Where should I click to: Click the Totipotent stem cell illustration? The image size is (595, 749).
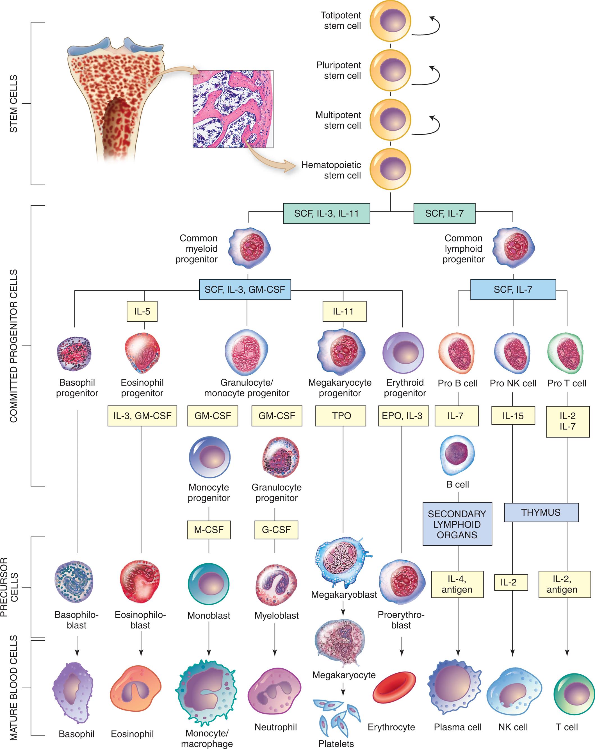click(x=390, y=21)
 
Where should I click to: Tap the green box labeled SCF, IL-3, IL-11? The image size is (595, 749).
click(x=327, y=213)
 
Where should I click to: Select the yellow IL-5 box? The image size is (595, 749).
click(x=142, y=311)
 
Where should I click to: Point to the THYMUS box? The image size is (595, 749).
click(x=541, y=513)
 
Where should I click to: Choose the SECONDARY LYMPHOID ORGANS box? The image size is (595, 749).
click(x=457, y=524)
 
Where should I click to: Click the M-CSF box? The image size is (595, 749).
click(x=209, y=530)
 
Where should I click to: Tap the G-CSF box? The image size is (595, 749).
click(x=276, y=530)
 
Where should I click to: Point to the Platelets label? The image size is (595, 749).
click(x=336, y=744)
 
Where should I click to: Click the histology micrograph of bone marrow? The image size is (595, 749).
click(x=233, y=109)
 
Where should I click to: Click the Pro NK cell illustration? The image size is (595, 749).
click(x=512, y=353)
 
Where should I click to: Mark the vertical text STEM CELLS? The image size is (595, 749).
click(x=13, y=104)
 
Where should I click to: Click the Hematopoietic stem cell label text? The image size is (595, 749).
click(x=331, y=170)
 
